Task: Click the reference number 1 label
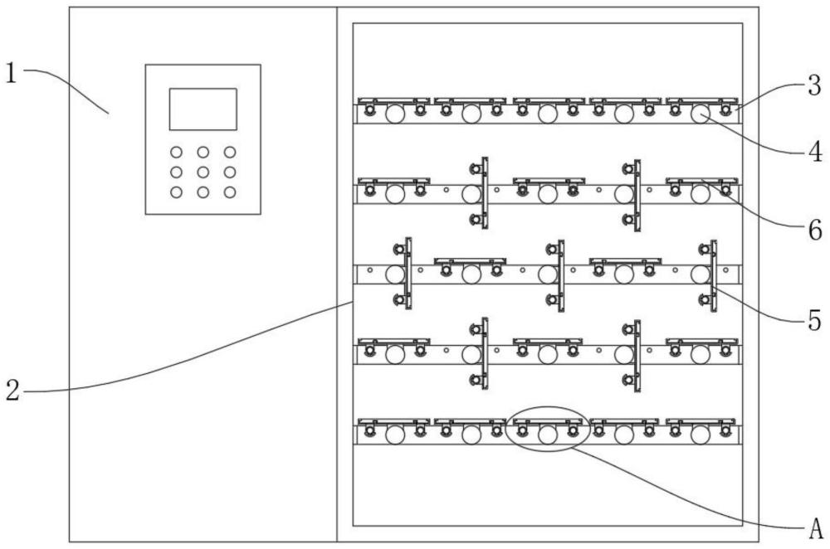tap(11, 73)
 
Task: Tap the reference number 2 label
tap(12, 391)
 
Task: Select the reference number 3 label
tap(815, 85)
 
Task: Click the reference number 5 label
tap(815, 321)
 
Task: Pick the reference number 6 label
tap(815, 231)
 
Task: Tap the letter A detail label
tap(816, 527)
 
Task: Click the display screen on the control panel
tap(203, 109)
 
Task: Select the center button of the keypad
tap(203, 172)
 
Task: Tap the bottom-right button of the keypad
tap(230, 192)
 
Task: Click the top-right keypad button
tap(230, 153)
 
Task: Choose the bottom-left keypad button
tap(176, 192)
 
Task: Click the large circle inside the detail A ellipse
tap(548, 435)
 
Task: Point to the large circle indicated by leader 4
tap(701, 114)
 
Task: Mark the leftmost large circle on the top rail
tap(395, 114)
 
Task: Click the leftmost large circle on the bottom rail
tap(395, 435)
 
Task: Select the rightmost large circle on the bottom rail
tap(701, 435)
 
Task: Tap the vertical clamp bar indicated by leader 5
tap(714, 275)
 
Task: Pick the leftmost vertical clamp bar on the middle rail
tap(408, 274)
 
